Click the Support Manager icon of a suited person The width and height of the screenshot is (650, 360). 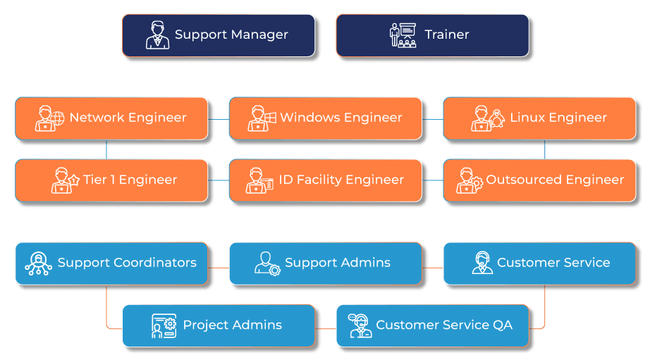(x=157, y=35)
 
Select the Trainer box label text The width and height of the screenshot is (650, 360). (x=446, y=35)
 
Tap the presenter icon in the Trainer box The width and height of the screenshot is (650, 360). (x=403, y=35)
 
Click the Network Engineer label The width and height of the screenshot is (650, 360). (x=128, y=118)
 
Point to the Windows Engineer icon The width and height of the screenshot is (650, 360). (x=262, y=118)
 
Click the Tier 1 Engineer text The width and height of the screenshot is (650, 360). (x=130, y=180)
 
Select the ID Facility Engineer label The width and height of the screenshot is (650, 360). (x=341, y=180)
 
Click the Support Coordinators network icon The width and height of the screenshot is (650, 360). (x=38, y=263)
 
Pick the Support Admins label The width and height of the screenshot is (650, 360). (x=337, y=263)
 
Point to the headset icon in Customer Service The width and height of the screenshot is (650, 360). (x=482, y=263)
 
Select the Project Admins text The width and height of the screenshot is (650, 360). (x=232, y=325)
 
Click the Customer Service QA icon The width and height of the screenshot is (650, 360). (x=360, y=325)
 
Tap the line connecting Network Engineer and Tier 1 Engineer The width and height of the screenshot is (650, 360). (x=106, y=149)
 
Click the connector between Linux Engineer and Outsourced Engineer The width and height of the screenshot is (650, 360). (x=545, y=149)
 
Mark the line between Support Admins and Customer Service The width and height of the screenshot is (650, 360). (x=432, y=268)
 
